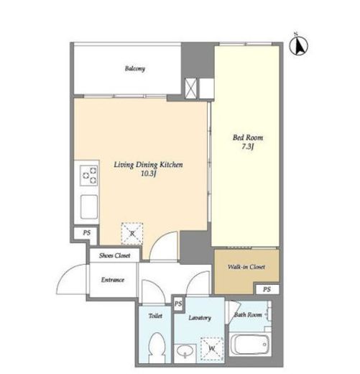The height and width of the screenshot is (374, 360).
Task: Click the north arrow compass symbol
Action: tap(298, 45)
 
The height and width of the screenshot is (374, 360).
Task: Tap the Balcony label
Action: tap(135, 68)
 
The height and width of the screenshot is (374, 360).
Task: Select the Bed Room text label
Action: tap(248, 137)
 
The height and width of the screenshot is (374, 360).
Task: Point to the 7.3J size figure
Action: tap(248, 147)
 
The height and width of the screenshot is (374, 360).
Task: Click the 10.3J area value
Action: tap(149, 173)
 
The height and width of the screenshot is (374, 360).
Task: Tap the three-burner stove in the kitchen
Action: tap(89, 175)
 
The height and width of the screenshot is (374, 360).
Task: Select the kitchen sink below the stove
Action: tap(89, 206)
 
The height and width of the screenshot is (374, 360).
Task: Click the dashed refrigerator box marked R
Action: tap(132, 234)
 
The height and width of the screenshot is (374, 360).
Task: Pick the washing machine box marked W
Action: tap(212, 349)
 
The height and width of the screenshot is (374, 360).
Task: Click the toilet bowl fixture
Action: tap(157, 348)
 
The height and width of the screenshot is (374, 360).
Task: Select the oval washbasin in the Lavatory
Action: tap(185, 351)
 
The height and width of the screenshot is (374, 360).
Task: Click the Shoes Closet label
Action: tap(115, 255)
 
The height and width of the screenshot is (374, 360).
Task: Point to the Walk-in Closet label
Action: tap(246, 267)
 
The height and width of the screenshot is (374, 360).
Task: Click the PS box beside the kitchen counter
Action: tap(86, 234)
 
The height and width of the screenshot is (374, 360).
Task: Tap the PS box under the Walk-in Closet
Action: tap(267, 289)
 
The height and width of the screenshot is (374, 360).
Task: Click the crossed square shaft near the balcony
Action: tap(190, 88)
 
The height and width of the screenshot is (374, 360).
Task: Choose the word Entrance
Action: tap(113, 280)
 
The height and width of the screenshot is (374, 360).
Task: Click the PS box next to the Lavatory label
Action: tap(178, 304)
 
